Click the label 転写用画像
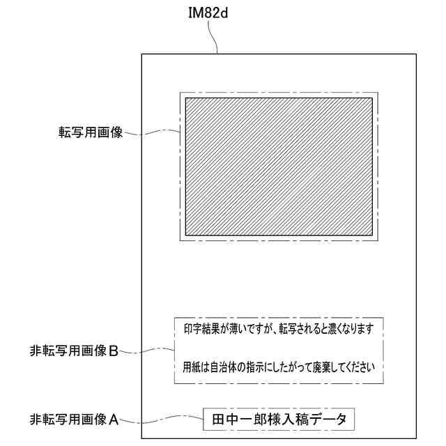tap(90, 132)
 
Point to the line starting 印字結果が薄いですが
tap(279, 329)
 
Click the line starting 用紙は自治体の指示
tap(279, 367)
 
